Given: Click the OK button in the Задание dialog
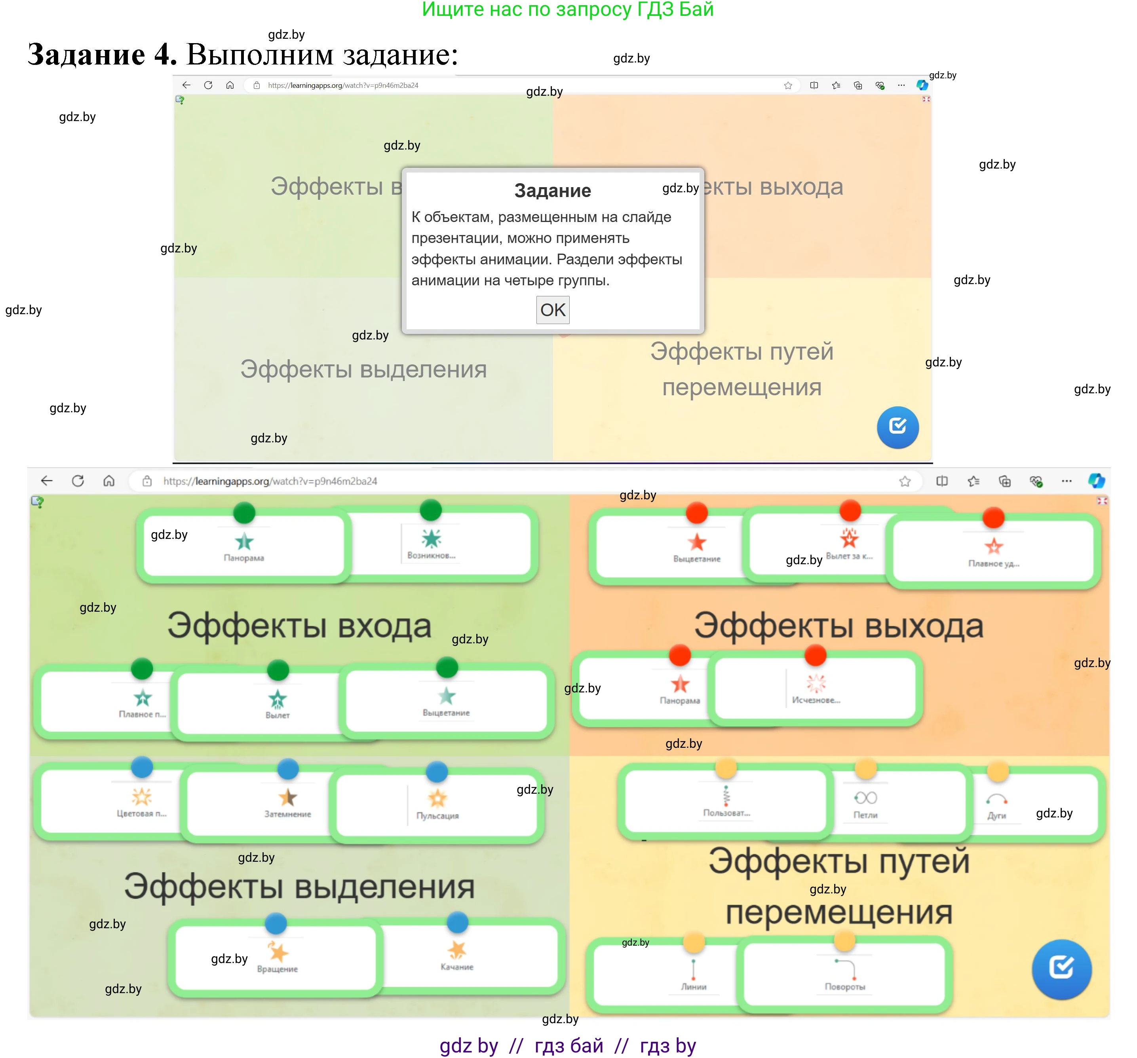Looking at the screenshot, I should [553, 310].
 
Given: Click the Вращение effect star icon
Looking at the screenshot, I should [278, 951].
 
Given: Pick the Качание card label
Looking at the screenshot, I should [456, 967].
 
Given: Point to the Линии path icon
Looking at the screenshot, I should [693, 969].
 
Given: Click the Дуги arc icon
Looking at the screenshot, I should [996, 799].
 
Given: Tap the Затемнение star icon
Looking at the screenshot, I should [288, 797].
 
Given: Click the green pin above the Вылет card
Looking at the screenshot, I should [278, 670].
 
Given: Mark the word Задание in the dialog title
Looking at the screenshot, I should [553, 190].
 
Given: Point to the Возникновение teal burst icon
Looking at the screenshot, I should [431, 538].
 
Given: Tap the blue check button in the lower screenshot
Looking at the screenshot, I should [1061, 969].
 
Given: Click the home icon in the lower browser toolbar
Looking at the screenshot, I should [108, 481].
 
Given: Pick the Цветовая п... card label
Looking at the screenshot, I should [141, 813].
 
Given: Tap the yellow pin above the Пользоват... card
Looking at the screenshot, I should [726, 768].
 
